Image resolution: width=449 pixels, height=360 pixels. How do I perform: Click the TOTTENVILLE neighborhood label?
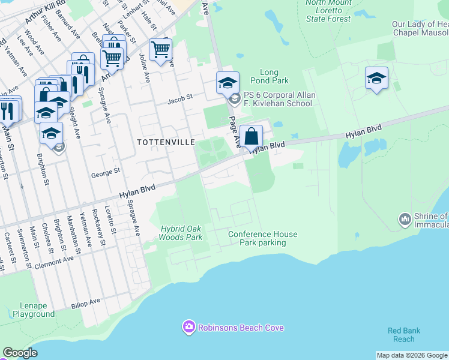pyautogui.click(x=166, y=142)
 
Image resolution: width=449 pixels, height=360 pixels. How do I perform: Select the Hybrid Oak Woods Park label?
pyautogui.click(x=181, y=233)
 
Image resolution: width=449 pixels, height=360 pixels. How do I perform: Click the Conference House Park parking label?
pyautogui.click(x=262, y=238)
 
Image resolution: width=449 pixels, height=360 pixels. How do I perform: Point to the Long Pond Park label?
pyautogui.click(x=274, y=76)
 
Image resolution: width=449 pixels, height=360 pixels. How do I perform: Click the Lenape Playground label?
pyautogui.click(x=34, y=310)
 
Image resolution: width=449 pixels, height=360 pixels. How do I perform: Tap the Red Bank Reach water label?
pyautogui.click(x=403, y=335)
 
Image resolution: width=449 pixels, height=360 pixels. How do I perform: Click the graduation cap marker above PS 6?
pyautogui.click(x=228, y=82)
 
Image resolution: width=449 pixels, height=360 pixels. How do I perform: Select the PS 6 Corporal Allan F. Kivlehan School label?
pyautogui.click(x=277, y=99)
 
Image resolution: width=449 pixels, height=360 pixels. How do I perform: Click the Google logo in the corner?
pyautogui.click(x=19, y=353)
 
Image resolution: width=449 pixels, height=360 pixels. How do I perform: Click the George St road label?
pyautogui.click(x=106, y=171)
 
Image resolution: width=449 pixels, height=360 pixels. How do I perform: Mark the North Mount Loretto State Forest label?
pyautogui.click(x=328, y=11)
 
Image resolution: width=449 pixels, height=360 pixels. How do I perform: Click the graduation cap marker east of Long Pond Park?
pyautogui.click(x=376, y=77)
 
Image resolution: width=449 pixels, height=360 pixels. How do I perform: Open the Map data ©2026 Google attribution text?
pyautogui.click(x=412, y=355)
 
